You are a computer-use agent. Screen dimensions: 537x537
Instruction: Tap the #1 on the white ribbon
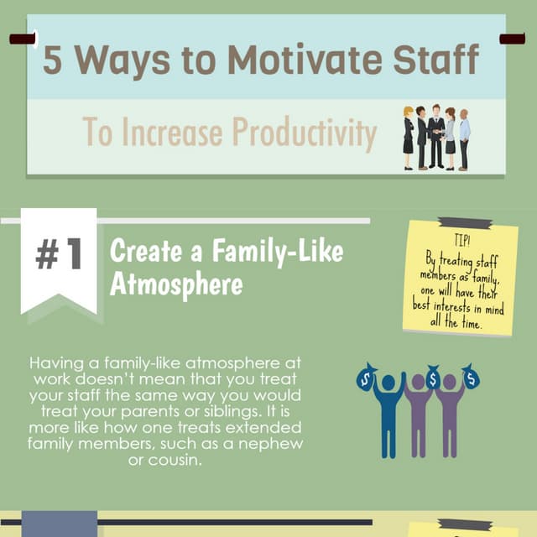tap(59, 254)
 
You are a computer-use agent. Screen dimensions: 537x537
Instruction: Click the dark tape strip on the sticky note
tap(464, 223)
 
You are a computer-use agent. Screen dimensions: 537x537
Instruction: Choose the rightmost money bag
tap(471, 377)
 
